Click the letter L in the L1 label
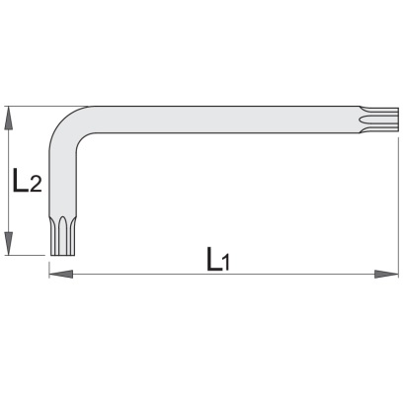[x=214, y=259]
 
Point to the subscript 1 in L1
[x=225, y=263]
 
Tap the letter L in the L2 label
[x=20, y=180]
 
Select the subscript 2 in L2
[x=36, y=185]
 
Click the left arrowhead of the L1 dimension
[x=61, y=274]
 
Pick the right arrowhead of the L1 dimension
[x=386, y=274]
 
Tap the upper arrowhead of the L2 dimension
[x=9, y=119]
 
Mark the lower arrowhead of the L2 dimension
[x=9, y=243]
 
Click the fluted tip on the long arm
[x=379, y=120]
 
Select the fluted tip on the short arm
[x=63, y=236]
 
